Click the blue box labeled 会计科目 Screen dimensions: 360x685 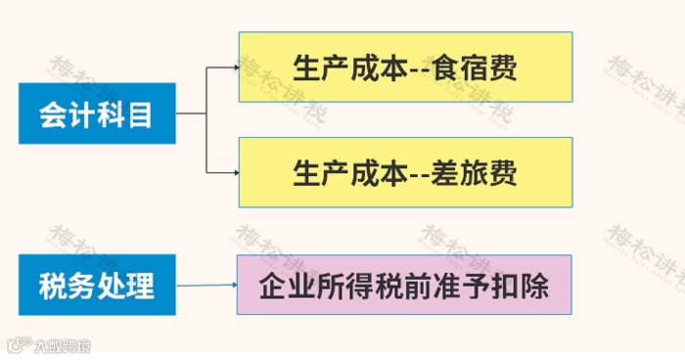pos(96,113)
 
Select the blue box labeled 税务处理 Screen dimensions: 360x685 pos(96,286)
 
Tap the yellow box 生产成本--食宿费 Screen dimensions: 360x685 pos(405,67)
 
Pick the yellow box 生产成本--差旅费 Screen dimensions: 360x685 pos(405,172)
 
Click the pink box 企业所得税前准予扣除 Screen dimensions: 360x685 pos(403,285)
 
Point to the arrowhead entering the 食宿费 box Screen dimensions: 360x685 pos(235,67)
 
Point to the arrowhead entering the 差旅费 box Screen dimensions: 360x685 pos(235,173)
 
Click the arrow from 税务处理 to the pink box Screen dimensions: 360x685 pos(206,286)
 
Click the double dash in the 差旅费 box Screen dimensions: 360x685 pos(420,175)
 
